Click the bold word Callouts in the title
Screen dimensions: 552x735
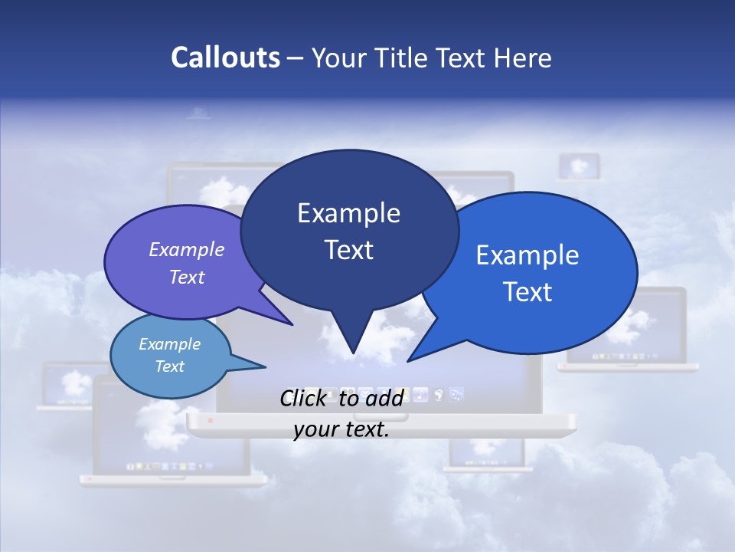pyautogui.click(x=225, y=58)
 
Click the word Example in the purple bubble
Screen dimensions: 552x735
pyautogui.click(x=187, y=249)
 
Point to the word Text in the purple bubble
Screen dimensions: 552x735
pyautogui.click(x=187, y=277)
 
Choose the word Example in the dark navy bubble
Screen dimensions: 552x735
pyautogui.click(x=348, y=213)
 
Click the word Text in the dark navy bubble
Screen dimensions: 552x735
pyautogui.click(x=348, y=250)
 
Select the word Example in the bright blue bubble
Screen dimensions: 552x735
pyautogui.click(x=528, y=255)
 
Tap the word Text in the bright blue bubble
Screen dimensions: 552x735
pyautogui.click(x=528, y=292)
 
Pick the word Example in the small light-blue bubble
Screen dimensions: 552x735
pyautogui.click(x=170, y=344)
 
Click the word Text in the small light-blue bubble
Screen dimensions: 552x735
pyautogui.click(x=170, y=366)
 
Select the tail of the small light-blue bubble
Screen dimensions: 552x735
pyautogui.click(x=261, y=366)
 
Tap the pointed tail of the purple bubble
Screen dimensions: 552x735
pyautogui.click(x=289, y=323)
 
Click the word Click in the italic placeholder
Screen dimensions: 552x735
pyautogui.click(x=302, y=398)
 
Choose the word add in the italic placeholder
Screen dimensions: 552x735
pyautogui.click(x=384, y=398)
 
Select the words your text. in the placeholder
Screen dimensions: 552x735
pyautogui.click(x=341, y=429)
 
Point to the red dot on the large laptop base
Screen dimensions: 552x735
pyautogui.click(x=211, y=421)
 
